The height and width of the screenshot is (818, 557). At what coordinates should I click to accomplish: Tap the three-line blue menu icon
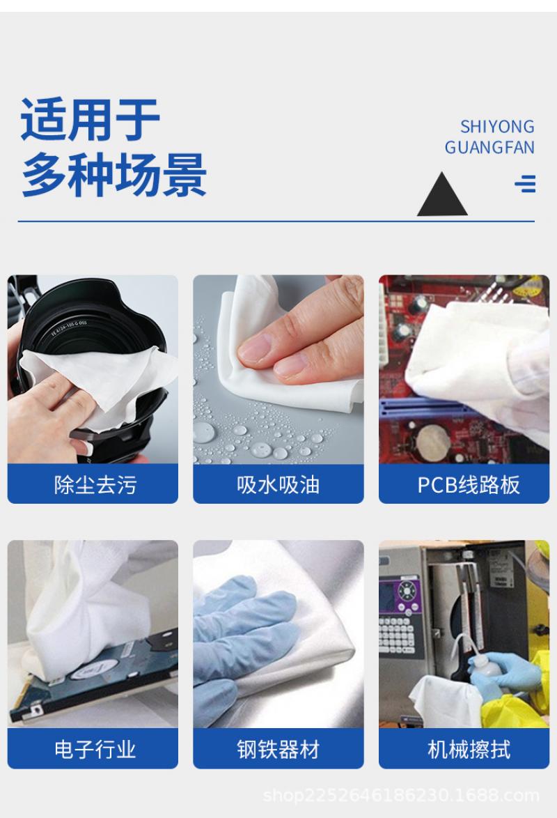pyautogui.click(x=525, y=184)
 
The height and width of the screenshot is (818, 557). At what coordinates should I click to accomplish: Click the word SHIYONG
pyautogui.click(x=497, y=127)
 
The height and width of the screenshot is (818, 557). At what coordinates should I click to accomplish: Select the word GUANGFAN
pyautogui.click(x=489, y=148)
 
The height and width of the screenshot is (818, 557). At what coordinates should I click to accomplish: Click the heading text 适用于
pyautogui.click(x=90, y=119)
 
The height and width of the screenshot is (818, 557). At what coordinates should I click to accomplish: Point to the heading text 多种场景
pyautogui.click(x=113, y=174)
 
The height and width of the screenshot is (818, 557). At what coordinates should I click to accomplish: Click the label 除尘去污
pyautogui.click(x=95, y=485)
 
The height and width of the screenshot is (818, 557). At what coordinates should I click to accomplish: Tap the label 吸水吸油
pyautogui.click(x=278, y=485)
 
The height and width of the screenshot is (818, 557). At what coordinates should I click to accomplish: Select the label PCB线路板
pyautogui.click(x=469, y=485)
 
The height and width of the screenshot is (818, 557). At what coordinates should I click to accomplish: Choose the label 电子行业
pyautogui.click(x=95, y=750)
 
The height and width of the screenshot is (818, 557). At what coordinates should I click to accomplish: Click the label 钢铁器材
pyautogui.click(x=278, y=750)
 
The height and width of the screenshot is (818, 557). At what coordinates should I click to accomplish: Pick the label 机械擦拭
pyautogui.click(x=469, y=750)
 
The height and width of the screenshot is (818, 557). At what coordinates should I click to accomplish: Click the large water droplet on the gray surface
pyautogui.click(x=203, y=433)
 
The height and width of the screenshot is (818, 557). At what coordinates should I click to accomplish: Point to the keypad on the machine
pyautogui.click(x=397, y=635)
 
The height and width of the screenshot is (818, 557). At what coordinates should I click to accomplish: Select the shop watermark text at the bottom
pyautogui.click(x=400, y=795)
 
